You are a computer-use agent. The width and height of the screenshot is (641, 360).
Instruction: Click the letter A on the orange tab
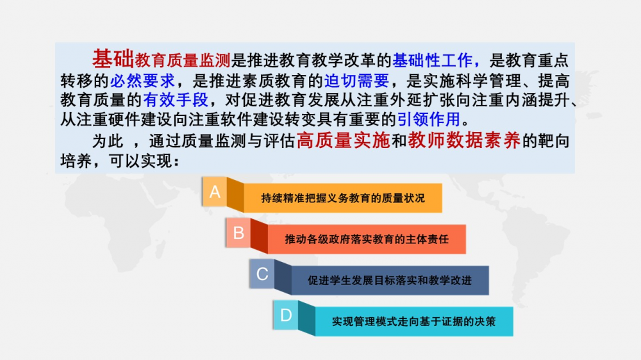point(215,192)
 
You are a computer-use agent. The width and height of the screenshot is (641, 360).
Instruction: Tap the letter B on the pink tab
point(238,233)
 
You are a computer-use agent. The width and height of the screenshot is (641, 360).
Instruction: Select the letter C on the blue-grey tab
point(262,274)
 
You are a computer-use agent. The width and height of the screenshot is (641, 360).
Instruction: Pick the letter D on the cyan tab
point(286,315)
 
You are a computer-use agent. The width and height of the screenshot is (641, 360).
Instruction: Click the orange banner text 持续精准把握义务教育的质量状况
point(343,198)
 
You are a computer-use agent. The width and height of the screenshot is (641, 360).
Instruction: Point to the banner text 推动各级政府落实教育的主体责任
point(367,239)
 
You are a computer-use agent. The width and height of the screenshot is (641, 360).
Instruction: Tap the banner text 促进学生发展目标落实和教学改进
point(390,281)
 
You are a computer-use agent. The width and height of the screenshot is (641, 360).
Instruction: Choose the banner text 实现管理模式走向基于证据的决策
point(413,322)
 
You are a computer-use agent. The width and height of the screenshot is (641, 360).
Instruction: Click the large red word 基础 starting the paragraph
point(113,58)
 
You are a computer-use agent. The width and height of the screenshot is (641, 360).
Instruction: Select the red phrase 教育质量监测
point(183,60)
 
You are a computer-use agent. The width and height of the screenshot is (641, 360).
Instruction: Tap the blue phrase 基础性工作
point(433,60)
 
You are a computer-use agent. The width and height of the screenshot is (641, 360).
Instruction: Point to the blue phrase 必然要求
point(142,81)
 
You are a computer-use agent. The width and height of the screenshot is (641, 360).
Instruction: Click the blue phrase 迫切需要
point(356,81)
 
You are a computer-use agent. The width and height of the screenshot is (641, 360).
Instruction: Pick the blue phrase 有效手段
point(176,100)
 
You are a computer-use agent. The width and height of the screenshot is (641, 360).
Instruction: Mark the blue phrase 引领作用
point(429,120)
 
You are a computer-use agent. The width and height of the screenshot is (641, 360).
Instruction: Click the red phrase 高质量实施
point(344,140)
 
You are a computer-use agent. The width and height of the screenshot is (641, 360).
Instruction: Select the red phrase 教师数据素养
point(464,140)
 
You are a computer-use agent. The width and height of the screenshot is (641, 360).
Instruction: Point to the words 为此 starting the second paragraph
point(108,142)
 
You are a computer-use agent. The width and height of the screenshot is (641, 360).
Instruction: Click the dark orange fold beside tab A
point(235,195)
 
